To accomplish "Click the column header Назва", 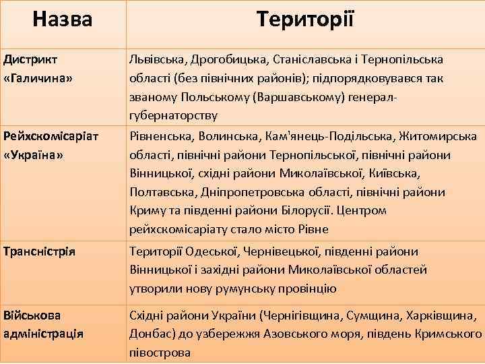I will pyautogui.click(x=62, y=18).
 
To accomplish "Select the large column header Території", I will pyautogui.click(x=304, y=18).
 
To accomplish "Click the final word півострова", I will pyautogui.click(x=160, y=353).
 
